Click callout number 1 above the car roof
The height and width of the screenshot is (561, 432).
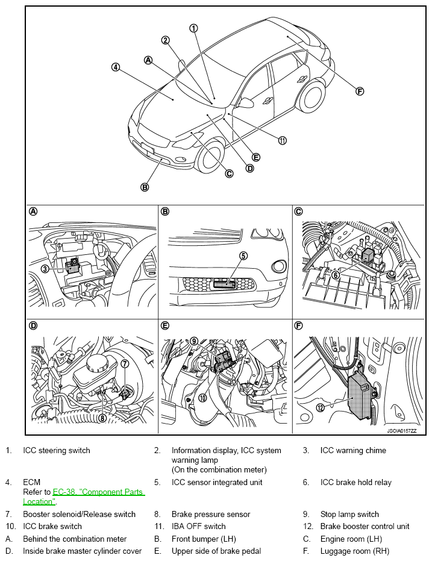193,28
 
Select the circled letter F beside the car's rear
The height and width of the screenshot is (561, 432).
360,92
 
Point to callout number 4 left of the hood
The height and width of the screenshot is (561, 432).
115,67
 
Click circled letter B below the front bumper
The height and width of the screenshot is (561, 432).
145,187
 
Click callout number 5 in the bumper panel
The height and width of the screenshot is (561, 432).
243,255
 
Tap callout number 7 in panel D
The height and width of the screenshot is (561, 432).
125,363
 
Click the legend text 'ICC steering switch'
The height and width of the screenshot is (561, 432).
57,450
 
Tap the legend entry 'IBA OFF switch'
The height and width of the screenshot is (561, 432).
199,526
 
